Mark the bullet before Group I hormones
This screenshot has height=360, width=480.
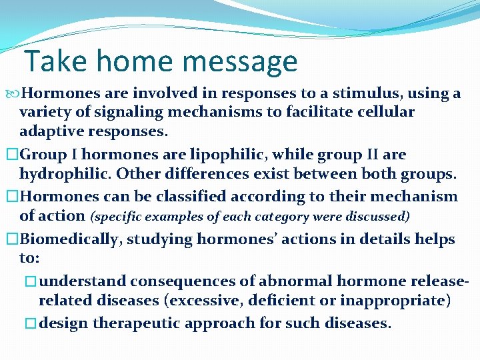(x=10, y=155)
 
